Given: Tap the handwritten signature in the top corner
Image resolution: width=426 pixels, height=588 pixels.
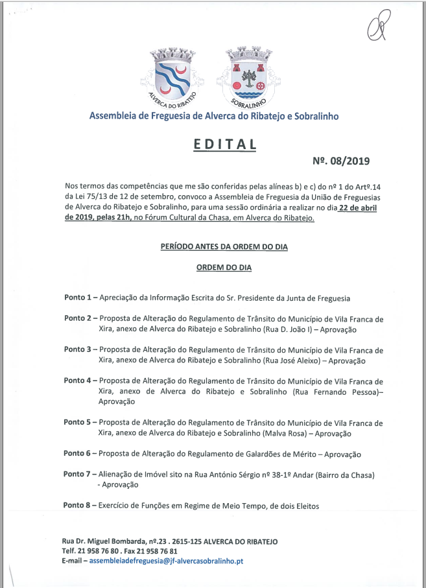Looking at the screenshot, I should coord(377,27).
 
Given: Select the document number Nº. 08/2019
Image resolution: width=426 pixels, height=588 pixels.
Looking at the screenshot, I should coord(341,161).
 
